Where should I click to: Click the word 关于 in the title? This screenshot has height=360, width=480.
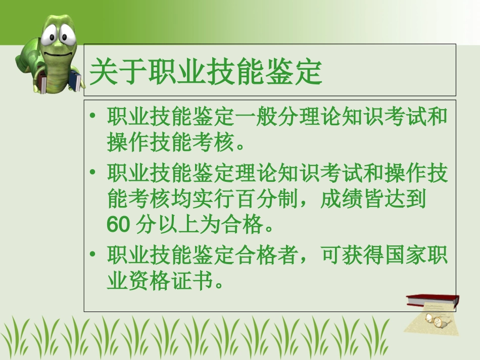(x=118, y=72)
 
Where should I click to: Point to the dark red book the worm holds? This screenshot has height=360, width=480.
(x=43, y=83)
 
